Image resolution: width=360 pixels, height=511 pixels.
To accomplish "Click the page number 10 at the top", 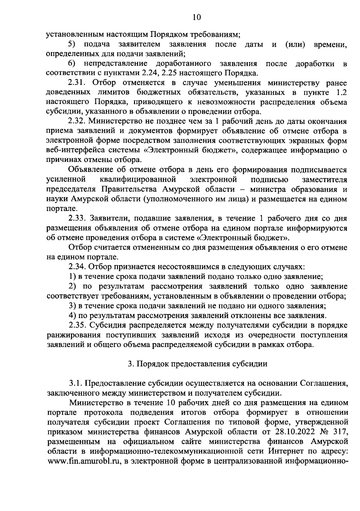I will pos(196,17).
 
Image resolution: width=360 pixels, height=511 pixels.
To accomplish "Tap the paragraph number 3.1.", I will pos(75,383).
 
